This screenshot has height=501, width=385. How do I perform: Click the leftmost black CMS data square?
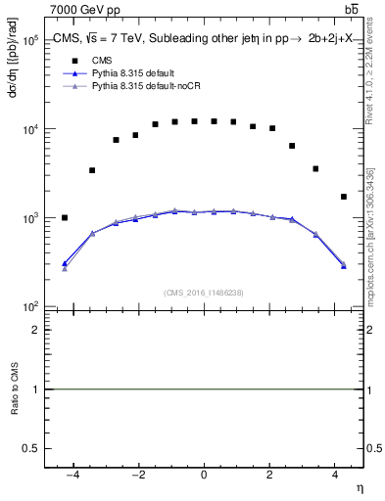(x=65, y=217)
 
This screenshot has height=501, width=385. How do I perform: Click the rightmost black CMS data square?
(x=344, y=197)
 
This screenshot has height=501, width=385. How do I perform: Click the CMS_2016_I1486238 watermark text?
(x=204, y=292)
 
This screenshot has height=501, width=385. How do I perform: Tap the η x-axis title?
(x=358, y=486)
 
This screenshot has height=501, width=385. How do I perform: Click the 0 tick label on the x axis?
(x=204, y=475)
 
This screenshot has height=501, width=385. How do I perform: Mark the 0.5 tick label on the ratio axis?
(x=31, y=447)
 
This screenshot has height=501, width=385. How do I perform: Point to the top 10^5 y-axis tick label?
(x=29, y=41)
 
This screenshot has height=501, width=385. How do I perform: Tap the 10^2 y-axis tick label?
(x=29, y=307)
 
